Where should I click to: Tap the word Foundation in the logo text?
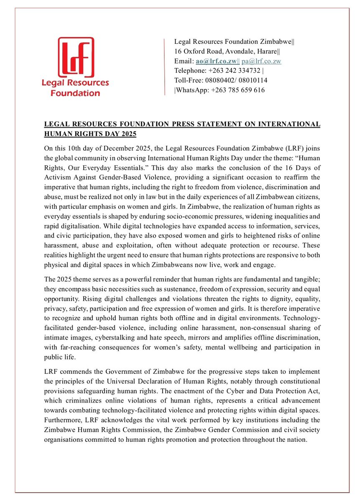pyautogui.click(x=75, y=93)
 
